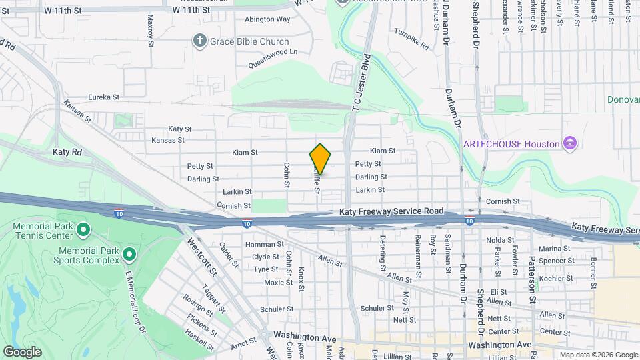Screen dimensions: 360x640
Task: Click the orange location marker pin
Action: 320,159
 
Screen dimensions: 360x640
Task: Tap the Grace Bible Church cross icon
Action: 199,41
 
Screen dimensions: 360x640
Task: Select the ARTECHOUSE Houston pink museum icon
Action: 569,144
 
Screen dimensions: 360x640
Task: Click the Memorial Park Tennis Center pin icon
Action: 83,231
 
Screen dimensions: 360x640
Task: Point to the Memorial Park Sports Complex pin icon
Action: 129,255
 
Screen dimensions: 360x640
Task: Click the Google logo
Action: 22,352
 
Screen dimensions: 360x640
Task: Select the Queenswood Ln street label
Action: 273,58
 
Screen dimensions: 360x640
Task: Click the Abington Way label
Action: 267,19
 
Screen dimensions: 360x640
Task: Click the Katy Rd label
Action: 67,152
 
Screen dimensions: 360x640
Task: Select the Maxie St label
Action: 278,282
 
